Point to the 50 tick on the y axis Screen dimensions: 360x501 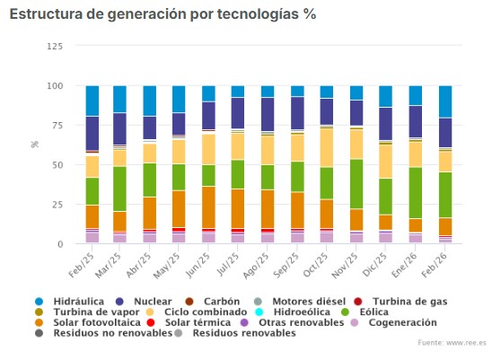pyautogui.click(x=57, y=165)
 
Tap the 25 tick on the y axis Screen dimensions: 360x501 pyautogui.click(x=57, y=205)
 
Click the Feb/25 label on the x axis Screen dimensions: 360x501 pyautogui.click(x=82, y=266)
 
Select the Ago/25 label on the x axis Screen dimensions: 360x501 pyautogui.click(x=259, y=266)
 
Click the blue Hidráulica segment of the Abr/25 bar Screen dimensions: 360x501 pyautogui.click(x=150, y=101)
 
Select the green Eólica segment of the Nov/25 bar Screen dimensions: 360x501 pyautogui.click(x=356, y=184)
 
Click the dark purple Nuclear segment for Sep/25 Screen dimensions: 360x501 pyautogui.click(x=297, y=113)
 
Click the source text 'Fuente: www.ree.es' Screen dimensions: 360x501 pyautogui.click(x=453, y=343)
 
